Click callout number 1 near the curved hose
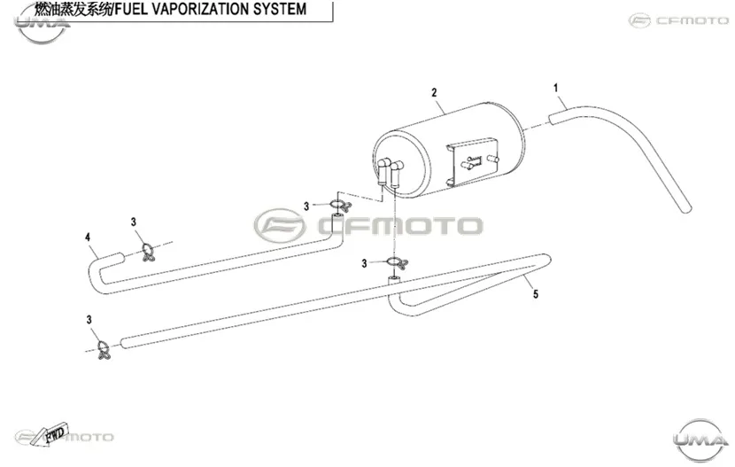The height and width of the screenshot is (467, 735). pyautogui.click(x=555, y=88)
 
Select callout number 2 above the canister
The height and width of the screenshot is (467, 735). pyautogui.click(x=434, y=92)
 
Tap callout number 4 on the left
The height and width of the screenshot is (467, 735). pyautogui.click(x=88, y=237)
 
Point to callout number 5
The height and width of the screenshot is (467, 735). pyautogui.click(x=536, y=294)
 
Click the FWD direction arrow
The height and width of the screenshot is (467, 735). pyautogui.click(x=53, y=432)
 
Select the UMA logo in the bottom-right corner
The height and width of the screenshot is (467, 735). pyautogui.click(x=701, y=440)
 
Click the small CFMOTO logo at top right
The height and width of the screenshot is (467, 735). pyautogui.click(x=678, y=20)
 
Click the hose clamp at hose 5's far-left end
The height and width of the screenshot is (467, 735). pyautogui.click(x=104, y=350)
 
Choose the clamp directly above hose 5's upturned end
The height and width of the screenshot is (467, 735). pyautogui.click(x=397, y=262)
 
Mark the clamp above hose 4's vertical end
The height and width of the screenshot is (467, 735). pyautogui.click(x=340, y=205)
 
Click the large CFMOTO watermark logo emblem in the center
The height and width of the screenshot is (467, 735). pyautogui.click(x=280, y=226)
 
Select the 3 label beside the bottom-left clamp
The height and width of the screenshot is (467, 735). pyautogui.click(x=89, y=320)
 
